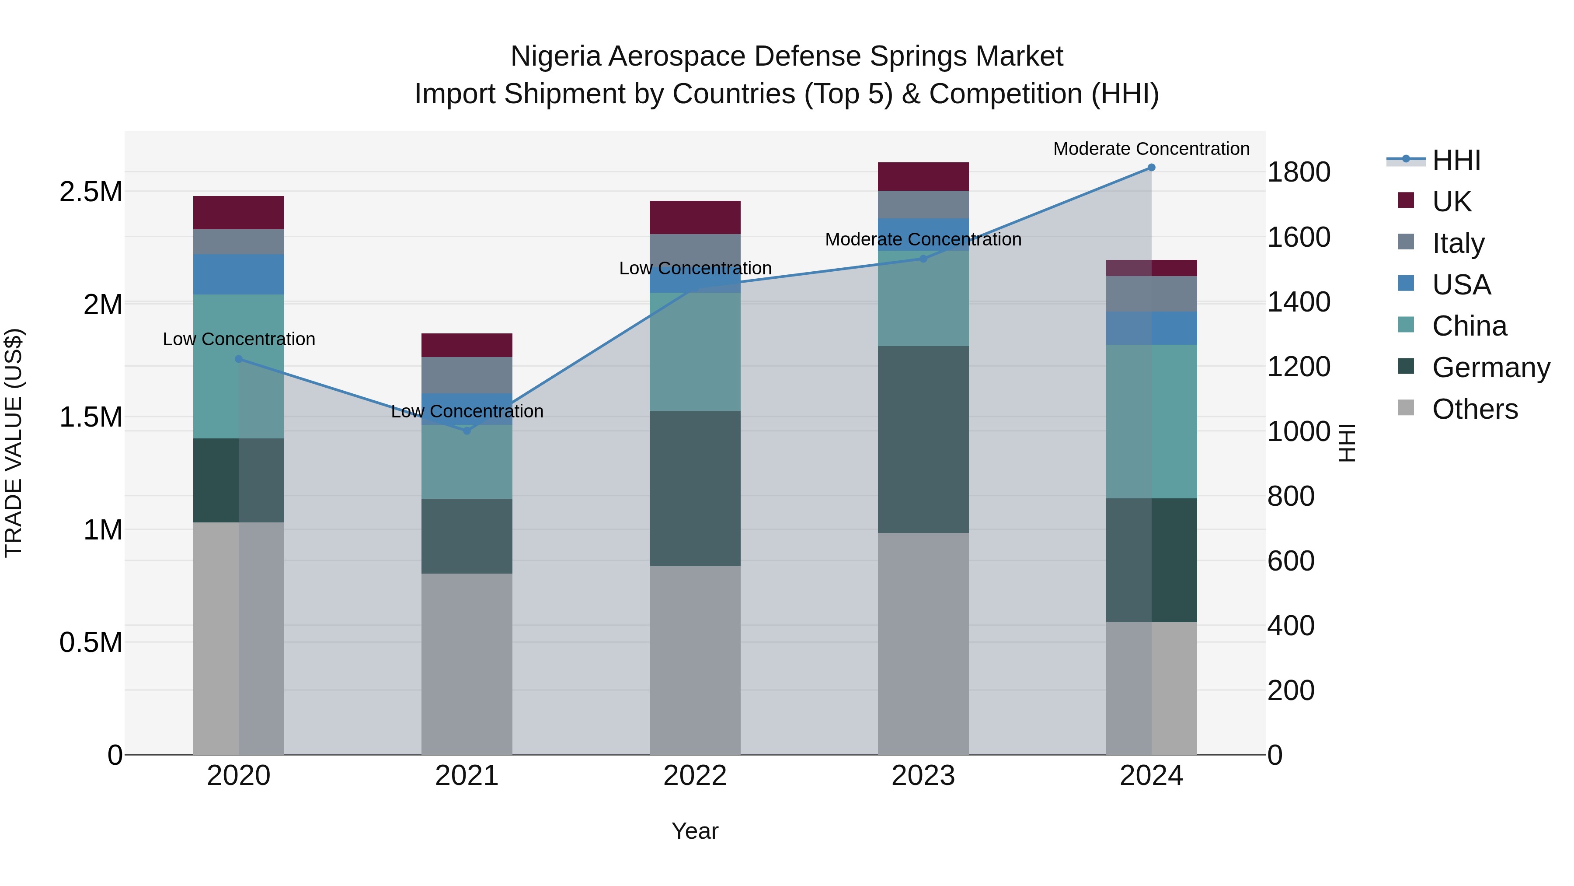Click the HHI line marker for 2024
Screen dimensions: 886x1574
pyautogui.click(x=1151, y=168)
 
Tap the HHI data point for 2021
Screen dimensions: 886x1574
pyautogui.click(x=467, y=431)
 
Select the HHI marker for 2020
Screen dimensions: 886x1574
pyautogui.click(x=239, y=359)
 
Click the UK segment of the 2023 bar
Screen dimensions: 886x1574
pyautogui.click(x=923, y=177)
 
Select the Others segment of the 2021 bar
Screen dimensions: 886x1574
pyautogui.click(x=467, y=663)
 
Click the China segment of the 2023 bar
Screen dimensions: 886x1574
pyautogui.click(x=923, y=298)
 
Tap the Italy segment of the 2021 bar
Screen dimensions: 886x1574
pyautogui.click(x=467, y=375)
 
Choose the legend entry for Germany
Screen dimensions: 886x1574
pyautogui.click(x=1490, y=368)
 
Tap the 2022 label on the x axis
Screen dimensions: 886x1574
pyautogui.click(x=695, y=776)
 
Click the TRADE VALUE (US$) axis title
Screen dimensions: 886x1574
pyautogui.click(x=14, y=443)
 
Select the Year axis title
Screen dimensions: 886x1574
pyautogui.click(x=695, y=831)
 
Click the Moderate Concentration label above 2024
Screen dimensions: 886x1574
pyautogui.click(x=1151, y=149)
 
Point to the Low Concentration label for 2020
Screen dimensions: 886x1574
pyautogui.click(x=239, y=339)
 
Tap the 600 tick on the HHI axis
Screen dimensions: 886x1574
pyautogui.click(x=1291, y=561)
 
